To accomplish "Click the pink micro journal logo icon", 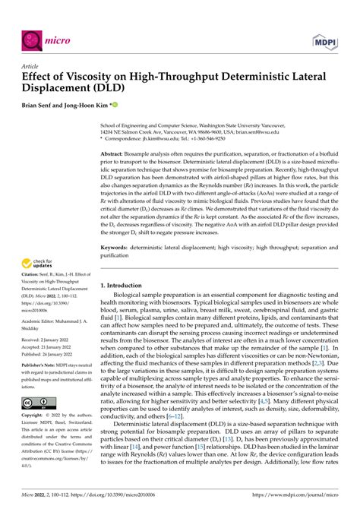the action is (33, 37).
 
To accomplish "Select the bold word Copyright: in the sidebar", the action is (36, 417).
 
